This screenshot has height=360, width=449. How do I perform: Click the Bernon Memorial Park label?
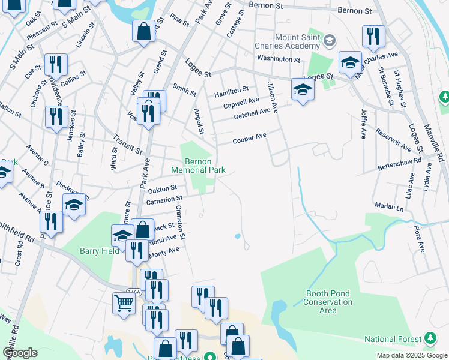pos(198,166)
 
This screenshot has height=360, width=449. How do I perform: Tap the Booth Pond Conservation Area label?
pos(327,298)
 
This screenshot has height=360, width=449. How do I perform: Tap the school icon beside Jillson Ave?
pos(303,90)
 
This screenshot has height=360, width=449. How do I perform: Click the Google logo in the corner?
pos(20,353)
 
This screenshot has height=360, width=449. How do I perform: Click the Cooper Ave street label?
pos(249,139)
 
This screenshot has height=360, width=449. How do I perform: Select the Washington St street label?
pos(278,59)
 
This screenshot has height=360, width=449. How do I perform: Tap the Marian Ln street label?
pos(390,207)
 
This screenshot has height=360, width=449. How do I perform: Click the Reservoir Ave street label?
pos(393,140)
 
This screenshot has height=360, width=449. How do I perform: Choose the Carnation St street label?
pos(163,199)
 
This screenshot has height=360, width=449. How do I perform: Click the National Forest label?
pos(393,339)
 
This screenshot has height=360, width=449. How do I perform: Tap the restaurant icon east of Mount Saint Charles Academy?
pos(373,37)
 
